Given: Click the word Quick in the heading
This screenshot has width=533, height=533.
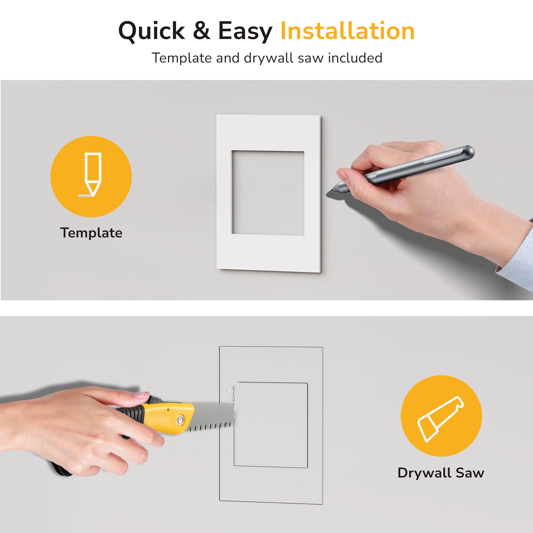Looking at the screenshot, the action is point(152,31).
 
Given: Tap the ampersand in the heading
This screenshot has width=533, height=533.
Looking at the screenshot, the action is point(202,31).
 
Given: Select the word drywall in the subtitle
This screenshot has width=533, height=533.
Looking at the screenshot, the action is point(268,58).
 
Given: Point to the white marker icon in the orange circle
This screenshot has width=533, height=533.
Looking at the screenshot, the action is point(91,174).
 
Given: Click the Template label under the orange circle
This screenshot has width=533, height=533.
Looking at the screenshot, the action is point(91,233).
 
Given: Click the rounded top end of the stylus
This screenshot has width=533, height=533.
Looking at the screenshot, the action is point(469,151).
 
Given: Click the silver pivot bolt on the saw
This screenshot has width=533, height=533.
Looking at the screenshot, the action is point(181,420).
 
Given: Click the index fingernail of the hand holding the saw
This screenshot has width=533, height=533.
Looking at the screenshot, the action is point(142,395).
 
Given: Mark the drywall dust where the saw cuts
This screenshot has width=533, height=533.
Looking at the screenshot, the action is point(231,397).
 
